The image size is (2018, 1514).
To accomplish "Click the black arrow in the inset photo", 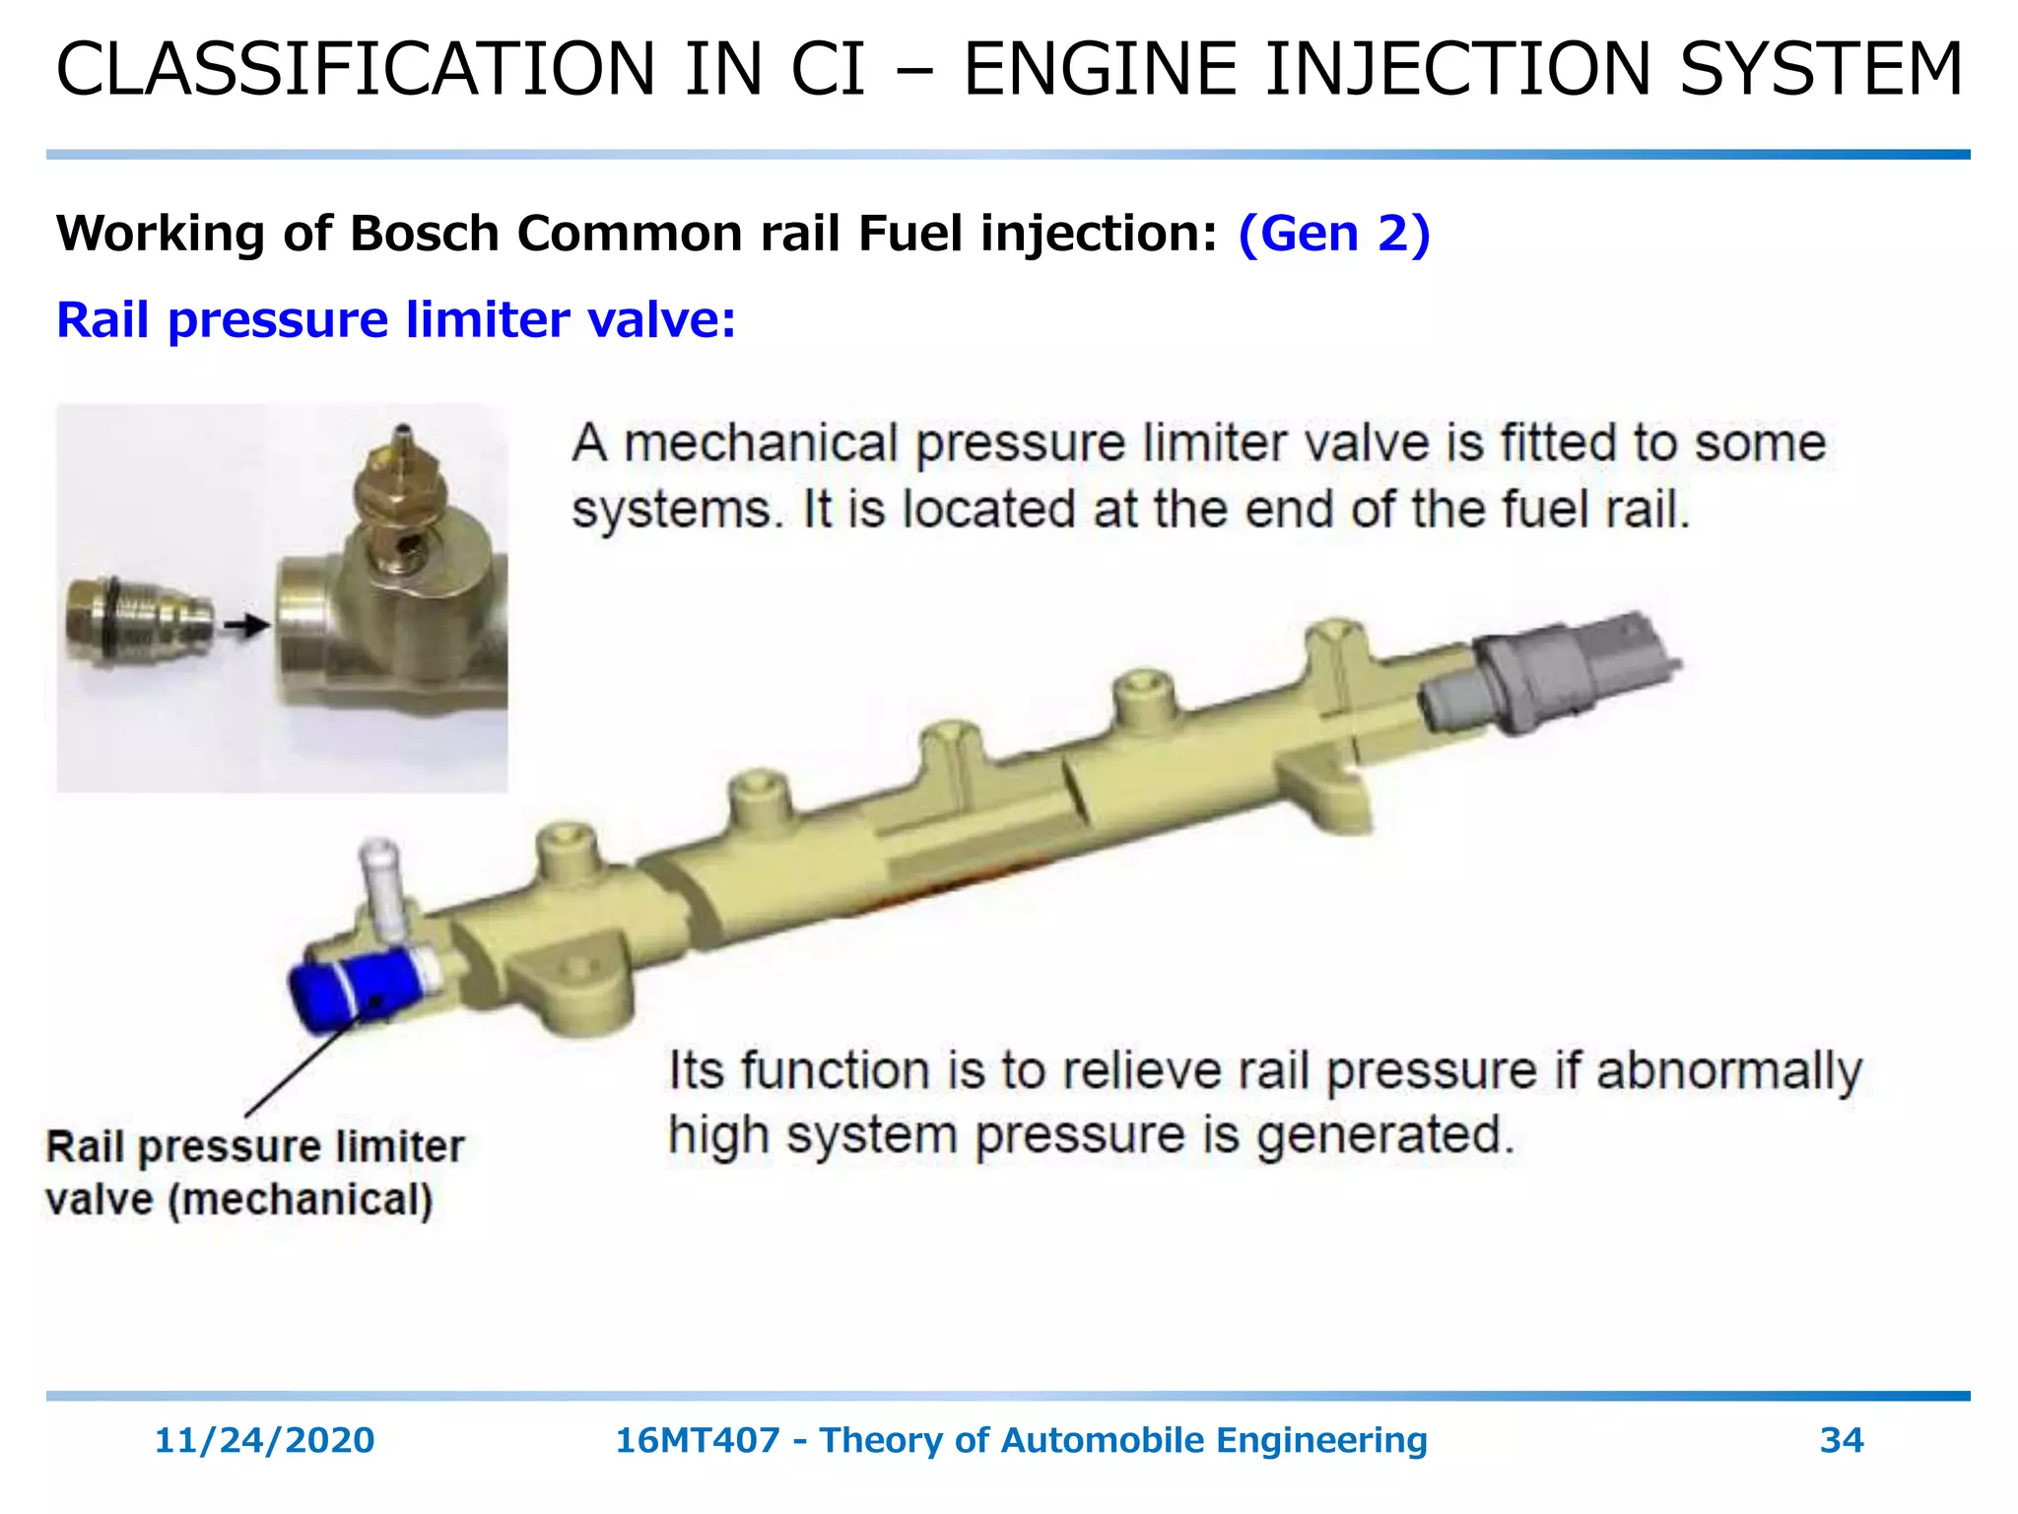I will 245,625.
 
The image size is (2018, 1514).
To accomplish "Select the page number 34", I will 1841,1440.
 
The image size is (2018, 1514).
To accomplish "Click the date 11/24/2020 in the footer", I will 264,1440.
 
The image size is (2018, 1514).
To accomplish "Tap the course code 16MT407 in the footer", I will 696,1440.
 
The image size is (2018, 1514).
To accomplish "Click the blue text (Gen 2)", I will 1333,234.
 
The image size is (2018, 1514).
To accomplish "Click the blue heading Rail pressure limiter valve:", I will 396,320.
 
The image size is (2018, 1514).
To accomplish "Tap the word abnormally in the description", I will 1728,1070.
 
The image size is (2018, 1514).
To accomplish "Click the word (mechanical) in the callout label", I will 301,1200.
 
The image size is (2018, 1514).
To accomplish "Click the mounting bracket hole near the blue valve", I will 579,967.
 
